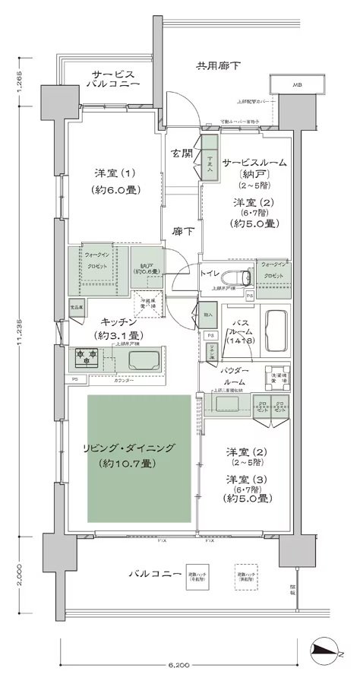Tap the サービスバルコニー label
(114, 80)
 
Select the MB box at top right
(293, 84)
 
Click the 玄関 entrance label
(181, 156)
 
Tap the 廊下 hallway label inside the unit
(181, 231)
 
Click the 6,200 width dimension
(181, 666)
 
